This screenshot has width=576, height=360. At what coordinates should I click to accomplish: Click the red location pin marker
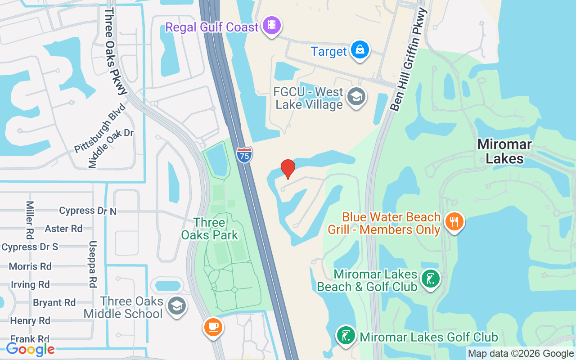pyautogui.click(x=288, y=169)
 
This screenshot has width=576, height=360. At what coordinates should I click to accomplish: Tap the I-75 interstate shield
pyautogui.click(x=244, y=155)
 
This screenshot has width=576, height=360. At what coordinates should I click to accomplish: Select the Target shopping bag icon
pyautogui.click(x=360, y=50)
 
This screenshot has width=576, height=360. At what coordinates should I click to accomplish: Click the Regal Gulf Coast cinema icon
pyautogui.click(x=271, y=26)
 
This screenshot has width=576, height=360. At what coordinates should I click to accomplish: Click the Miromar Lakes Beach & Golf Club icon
pyautogui.click(x=430, y=279)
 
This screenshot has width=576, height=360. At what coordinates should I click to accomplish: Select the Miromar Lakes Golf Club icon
pyautogui.click(x=346, y=336)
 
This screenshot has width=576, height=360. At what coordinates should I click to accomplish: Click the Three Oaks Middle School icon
pyautogui.click(x=176, y=306)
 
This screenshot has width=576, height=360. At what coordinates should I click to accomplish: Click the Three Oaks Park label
pyautogui.click(x=210, y=229)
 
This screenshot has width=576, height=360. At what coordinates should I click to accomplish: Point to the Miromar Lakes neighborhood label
pyautogui.click(x=504, y=151)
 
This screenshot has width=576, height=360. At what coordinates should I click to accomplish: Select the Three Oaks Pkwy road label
pyautogui.click(x=116, y=50)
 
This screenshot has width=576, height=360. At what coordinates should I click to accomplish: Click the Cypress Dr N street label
pyautogui.click(x=88, y=211)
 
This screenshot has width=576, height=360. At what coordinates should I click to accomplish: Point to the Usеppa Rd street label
pyautogui.click(x=93, y=264)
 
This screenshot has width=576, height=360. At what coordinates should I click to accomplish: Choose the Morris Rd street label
pyautogui.click(x=30, y=266)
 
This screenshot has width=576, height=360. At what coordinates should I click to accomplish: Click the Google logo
pyautogui.click(x=30, y=349)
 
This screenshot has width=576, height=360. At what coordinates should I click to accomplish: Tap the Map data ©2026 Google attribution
pyautogui.click(x=521, y=354)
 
